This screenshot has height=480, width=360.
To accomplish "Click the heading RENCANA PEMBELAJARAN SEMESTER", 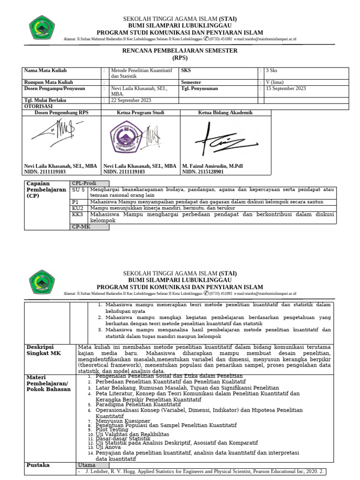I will click(x=180, y=51).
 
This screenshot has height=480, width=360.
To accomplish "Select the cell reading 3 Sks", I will click(x=272, y=71).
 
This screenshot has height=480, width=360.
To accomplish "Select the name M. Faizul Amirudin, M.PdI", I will click(x=212, y=166).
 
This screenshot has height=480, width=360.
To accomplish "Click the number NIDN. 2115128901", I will click(x=203, y=172).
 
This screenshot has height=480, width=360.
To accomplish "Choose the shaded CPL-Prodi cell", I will click(x=89, y=184).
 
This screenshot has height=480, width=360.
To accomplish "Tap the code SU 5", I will click(x=78, y=190).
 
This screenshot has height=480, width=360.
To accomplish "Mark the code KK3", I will click(x=78, y=214).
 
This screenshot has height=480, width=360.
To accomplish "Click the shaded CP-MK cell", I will click(x=89, y=227).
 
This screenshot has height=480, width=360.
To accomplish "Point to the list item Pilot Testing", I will click(x=112, y=429).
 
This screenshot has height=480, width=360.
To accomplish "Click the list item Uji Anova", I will click(x=109, y=447).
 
